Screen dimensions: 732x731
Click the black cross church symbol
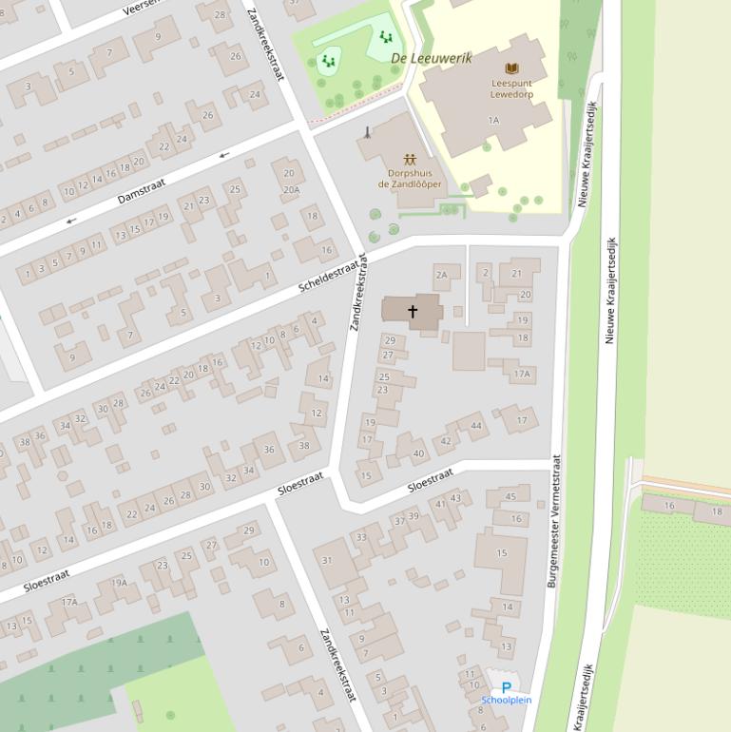pos(413,311)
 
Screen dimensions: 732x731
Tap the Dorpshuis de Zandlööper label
pos(410,179)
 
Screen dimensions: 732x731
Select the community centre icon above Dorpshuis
pos(410,158)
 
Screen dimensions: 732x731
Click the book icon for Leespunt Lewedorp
pos(512,68)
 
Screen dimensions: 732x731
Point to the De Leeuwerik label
pos(431,58)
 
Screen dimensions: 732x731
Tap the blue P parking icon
pos(506,687)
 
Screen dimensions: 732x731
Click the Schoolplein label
pos(506,701)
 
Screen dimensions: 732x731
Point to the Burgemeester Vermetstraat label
pos(553,520)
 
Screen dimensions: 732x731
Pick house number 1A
pos(492,121)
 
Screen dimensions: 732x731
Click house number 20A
pos(291,189)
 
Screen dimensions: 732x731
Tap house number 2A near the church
pos(441,275)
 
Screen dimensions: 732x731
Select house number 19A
pos(119,583)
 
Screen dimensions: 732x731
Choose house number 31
pos(327,560)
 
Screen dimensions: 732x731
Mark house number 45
pos(511,496)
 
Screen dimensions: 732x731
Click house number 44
pos(476,426)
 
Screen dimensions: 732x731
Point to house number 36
pos(269,450)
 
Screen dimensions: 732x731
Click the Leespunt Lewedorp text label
pos(513,89)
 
